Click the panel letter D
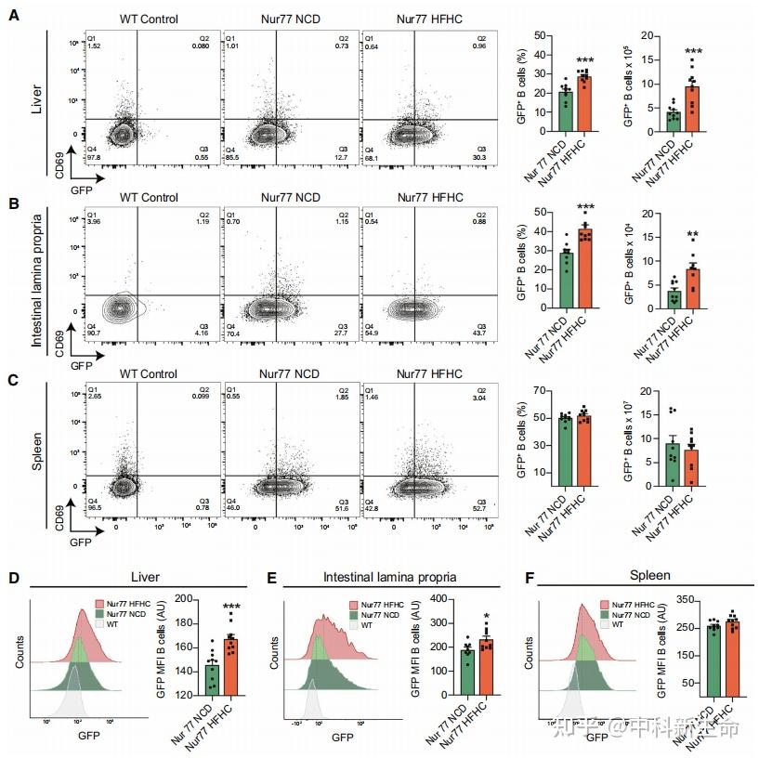coord(13,577)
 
